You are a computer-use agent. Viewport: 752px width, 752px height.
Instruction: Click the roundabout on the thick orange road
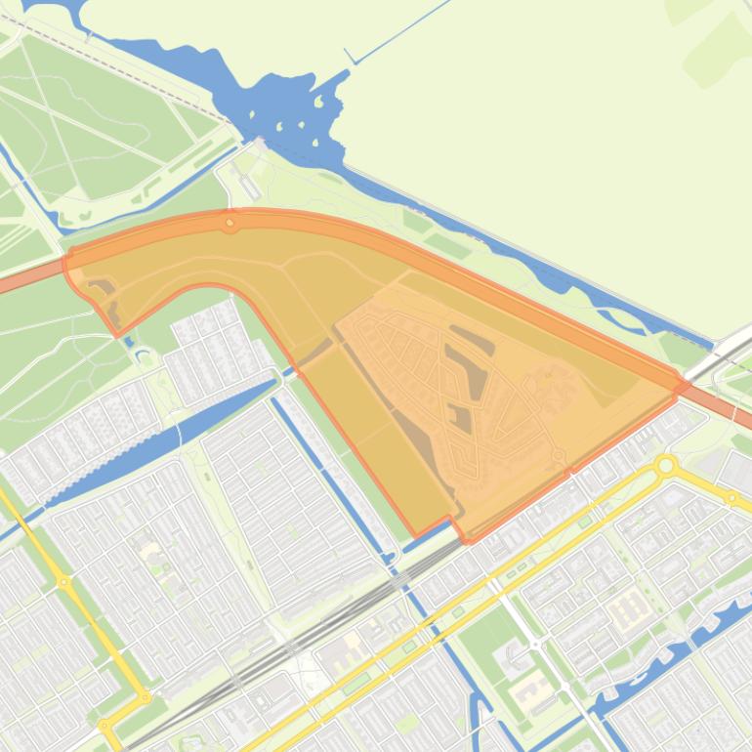click(x=230, y=224)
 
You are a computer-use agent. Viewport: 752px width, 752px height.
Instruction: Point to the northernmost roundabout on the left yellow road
click(x=63, y=582)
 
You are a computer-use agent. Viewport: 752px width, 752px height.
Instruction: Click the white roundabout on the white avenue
click(x=537, y=645)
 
